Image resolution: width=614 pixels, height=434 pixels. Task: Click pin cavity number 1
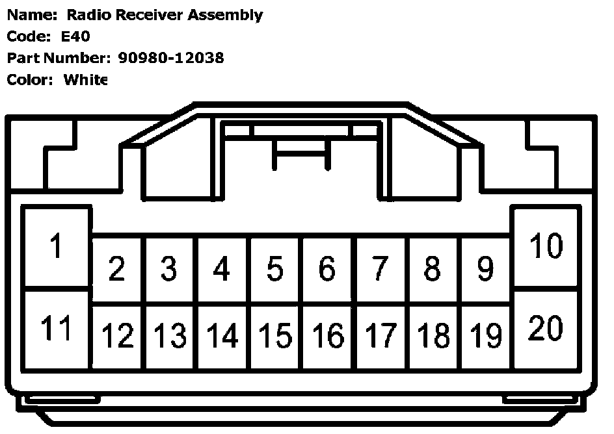click(x=56, y=247)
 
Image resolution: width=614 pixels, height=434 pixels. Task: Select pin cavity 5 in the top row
click(x=275, y=268)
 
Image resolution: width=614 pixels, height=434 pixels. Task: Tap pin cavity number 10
click(x=546, y=247)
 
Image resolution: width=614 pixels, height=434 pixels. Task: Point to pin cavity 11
click(x=56, y=329)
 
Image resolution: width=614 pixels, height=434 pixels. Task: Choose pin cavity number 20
click(x=546, y=329)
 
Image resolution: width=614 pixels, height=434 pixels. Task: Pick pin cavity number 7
click(x=380, y=268)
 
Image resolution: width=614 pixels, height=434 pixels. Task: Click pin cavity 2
click(x=117, y=268)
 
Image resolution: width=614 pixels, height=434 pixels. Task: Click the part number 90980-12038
click(x=171, y=58)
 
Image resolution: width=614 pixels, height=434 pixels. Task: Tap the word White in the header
click(x=85, y=80)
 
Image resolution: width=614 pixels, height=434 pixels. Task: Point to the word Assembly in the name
click(x=225, y=15)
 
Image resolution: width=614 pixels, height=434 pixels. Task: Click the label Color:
click(x=29, y=80)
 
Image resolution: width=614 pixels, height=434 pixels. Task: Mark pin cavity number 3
click(x=169, y=268)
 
